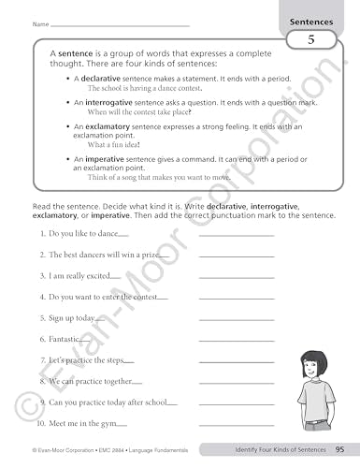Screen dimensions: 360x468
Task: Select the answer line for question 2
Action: point(237,256)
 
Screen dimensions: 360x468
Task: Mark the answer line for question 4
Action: point(237,298)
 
